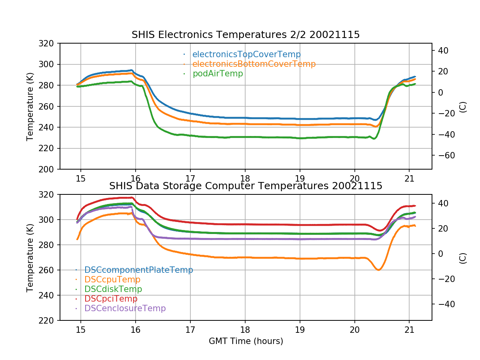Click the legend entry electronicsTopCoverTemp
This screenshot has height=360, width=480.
[x=246, y=54]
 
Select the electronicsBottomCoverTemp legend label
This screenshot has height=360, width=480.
[x=254, y=64]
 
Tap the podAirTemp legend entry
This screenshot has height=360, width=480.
[x=218, y=74]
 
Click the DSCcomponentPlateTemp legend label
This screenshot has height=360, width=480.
[x=139, y=270]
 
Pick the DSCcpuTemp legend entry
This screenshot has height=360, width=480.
[x=112, y=280]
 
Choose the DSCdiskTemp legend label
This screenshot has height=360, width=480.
[x=113, y=289]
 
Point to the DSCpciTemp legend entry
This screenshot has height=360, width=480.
[x=111, y=299]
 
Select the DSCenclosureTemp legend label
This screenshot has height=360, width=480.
[x=125, y=308]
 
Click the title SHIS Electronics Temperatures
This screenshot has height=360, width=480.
[x=246, y=35]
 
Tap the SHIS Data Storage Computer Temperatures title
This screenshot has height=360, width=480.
[x=246, y=186]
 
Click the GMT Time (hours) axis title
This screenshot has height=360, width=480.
[x=246, y=341]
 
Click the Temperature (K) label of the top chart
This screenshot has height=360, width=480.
[x=30, y=106]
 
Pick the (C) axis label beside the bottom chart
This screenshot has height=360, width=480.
[x=463, y=258]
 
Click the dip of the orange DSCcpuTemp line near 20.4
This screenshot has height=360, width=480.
[x=378, y=270]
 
